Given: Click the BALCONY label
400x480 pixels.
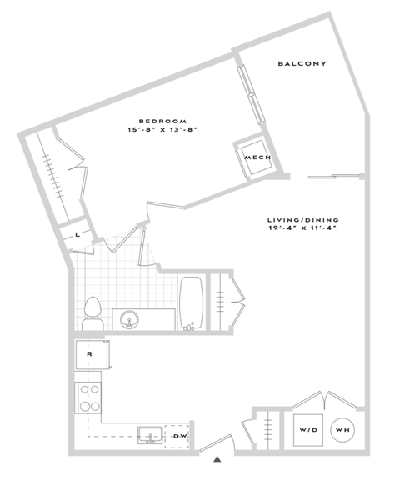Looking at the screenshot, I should point(302,64).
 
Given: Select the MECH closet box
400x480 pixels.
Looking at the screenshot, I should point(254,157).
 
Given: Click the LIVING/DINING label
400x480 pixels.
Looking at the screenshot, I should point(304,220).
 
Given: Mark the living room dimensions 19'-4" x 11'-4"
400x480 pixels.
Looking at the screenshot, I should point(304,229).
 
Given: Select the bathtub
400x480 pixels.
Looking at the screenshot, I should point(191,303).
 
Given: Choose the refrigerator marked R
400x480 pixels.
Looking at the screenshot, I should point(89,354).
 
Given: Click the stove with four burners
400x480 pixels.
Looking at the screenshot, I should point(88,397).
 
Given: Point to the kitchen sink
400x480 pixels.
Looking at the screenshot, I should point(150,434).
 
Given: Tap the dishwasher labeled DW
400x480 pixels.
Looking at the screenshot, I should point(180,436).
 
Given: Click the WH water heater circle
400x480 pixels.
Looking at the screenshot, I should point(342,430).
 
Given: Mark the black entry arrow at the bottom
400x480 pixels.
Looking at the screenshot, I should point(218,458).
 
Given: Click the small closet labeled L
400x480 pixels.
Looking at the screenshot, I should point(77,234).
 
